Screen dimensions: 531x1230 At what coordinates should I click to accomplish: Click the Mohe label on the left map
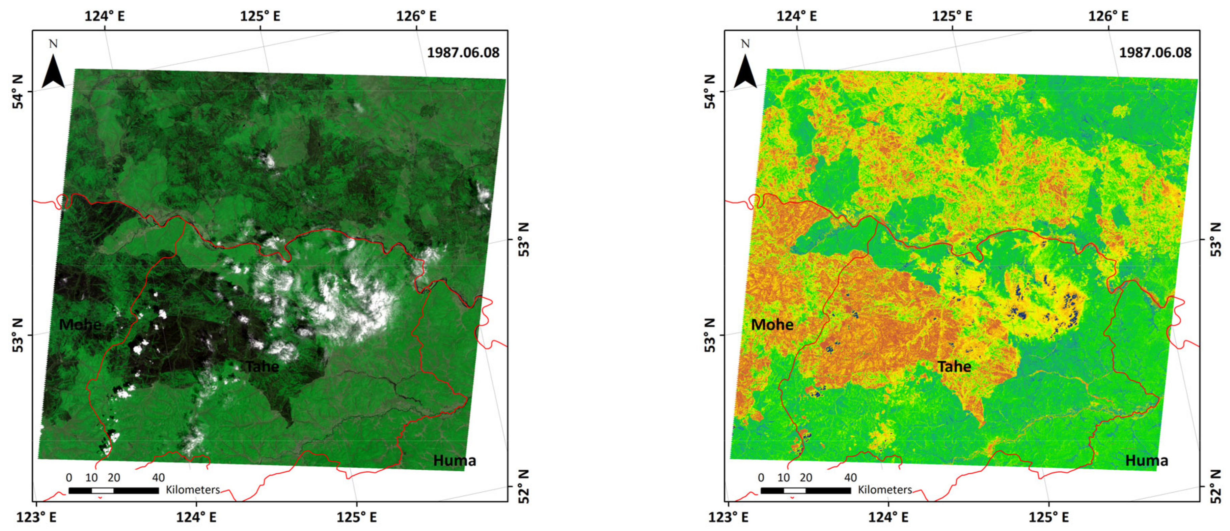point(80,325)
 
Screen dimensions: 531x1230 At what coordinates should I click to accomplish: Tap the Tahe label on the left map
point(262,366)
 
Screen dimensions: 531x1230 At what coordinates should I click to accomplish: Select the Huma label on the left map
point(455,461)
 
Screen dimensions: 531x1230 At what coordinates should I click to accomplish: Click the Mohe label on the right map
point(772,325)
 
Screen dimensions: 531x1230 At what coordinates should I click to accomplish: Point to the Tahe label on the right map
point(954,366)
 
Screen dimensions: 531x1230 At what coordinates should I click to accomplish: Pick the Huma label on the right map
point(1146,461)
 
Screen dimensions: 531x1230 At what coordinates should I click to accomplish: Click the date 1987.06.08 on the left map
point(463,53)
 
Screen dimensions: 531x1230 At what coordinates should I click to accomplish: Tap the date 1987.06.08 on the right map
point(1155,53)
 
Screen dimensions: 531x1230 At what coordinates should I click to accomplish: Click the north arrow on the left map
point(53,70)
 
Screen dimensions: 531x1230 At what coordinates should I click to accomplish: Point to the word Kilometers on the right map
point(885,490)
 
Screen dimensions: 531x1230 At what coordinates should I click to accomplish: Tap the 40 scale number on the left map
point(159,478)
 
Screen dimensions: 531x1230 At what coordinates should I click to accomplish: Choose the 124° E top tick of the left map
point(105,16)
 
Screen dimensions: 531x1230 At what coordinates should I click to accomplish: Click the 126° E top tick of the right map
point(1108,16)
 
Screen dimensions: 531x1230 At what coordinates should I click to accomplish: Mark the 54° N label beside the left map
point(18,92)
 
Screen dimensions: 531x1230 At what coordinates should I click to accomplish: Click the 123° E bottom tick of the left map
point(37,517)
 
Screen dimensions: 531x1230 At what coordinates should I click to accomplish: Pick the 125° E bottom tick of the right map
point(1048,517)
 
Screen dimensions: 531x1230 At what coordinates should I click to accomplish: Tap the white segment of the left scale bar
point(103,491)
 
